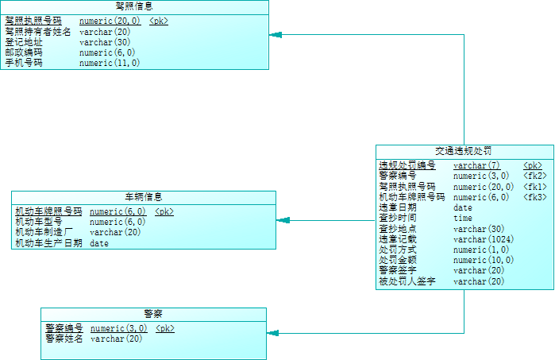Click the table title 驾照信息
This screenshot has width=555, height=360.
pyautogui.click(x=134, y=6)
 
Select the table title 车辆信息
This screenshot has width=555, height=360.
pyautogui.click(x=144, y=197)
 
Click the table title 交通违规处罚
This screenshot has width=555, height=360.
pyautogui.click(x=464, y=151)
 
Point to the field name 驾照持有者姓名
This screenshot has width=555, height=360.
pyautogui.click(x=37, y=32)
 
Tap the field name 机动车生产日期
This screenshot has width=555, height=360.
pyautogui.click(x=48, y=243)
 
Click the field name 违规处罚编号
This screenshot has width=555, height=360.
pyautogui.click(x=407, y=165)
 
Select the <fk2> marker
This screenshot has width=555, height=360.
pyautogui.click(x=534, y=176)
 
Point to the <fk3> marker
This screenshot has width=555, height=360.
pyautogui.click(x=534, y=197)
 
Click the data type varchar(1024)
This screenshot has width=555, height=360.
pyautogui.click(x=483, y=239)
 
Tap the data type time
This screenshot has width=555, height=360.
pyautogui.click(x=462, y=218)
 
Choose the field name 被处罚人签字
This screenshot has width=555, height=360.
pyautogui.click(x=407, y=281)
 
